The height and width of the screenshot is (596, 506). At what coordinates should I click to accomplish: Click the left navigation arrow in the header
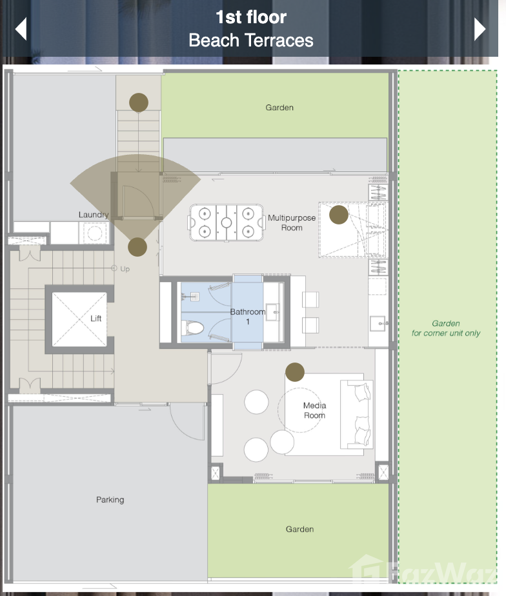(x=21, y=29)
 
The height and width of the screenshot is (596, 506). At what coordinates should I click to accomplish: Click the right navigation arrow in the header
(x=480, y=29)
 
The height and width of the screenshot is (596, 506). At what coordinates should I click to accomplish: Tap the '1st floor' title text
(x=251, y=17)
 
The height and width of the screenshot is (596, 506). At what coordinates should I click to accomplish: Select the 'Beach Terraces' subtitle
(x=251, y=40)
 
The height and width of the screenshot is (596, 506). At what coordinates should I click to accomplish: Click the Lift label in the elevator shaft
(x=96, y=318)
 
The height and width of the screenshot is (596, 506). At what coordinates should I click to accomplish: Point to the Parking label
(x=110, y=499)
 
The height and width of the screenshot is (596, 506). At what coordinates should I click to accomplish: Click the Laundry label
(x=94, y=215)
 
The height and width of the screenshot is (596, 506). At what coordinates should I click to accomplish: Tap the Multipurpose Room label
(x=292, y=223)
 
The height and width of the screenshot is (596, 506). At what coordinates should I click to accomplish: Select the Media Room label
(x=314, y=410)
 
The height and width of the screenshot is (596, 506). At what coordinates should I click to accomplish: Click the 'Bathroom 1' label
(x=248, y=317)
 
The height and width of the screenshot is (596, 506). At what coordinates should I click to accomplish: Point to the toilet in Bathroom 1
(x=192, y=327)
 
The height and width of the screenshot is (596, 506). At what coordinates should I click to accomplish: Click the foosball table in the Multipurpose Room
(x=227, y=223)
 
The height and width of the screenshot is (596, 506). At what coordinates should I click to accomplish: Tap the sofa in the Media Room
(x=356, y=414)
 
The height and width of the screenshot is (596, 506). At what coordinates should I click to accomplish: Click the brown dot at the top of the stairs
(x=139, y=103)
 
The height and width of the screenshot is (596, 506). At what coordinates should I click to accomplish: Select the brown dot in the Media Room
(x=295, y=372)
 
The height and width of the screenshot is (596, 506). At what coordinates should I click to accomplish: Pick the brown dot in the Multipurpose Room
(x=339, y=215)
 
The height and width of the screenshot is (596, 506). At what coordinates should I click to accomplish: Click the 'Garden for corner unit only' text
(x=446, y=328)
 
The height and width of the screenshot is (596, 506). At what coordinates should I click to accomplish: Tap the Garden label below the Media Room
(x=300, y=529)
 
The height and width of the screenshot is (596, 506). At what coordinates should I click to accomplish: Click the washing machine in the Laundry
(x=94, y=233)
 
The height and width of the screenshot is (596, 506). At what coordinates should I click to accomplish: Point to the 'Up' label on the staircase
(x=125, y=269)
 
